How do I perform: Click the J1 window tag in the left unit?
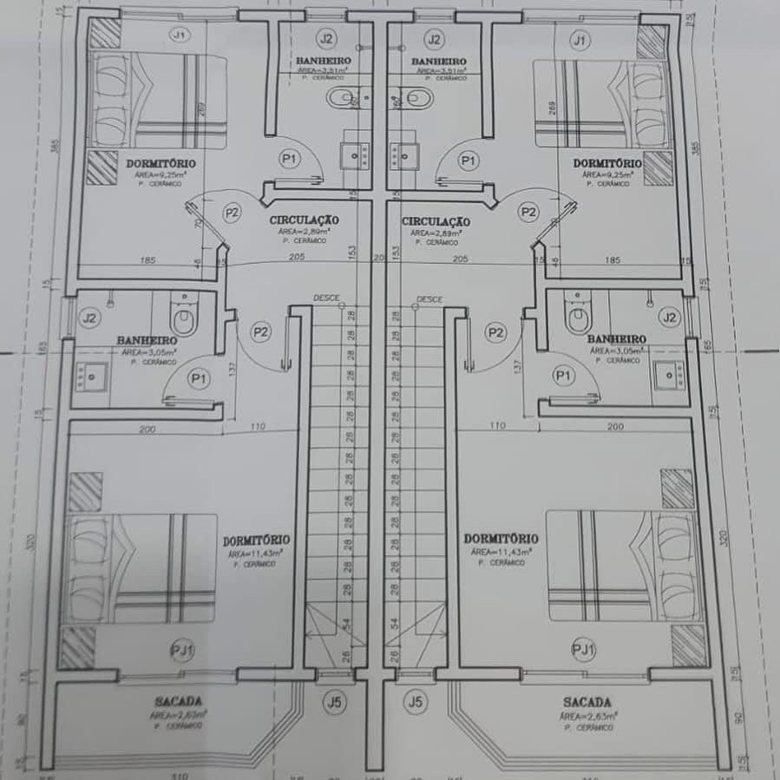point(180,34)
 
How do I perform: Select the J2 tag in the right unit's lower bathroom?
point(668,318)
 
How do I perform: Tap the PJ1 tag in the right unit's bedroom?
point(583,648)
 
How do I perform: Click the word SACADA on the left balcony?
point(178,701)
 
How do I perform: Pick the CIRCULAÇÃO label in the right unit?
point(436,222)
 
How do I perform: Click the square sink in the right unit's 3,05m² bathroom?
point(669,374)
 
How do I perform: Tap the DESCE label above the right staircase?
point(429,299)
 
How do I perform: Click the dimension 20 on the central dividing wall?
point(378,258)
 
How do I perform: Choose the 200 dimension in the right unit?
point(615,427)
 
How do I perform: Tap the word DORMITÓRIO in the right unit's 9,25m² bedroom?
point(606,163)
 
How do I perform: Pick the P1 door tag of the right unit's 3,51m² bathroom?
point(469,160)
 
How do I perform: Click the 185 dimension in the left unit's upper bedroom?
point(147,259)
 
